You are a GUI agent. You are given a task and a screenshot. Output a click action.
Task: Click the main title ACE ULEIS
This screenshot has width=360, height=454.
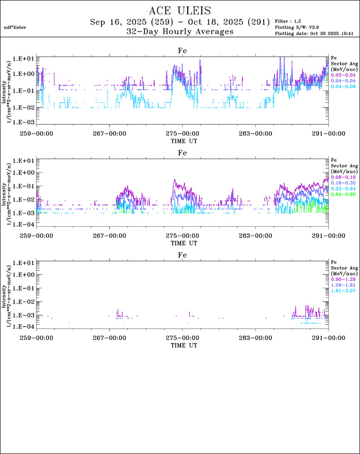coord(180,11)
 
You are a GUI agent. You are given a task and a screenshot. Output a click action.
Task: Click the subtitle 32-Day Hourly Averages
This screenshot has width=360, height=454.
coord(180,32)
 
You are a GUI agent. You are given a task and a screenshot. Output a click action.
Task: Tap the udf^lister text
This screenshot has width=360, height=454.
coord(15,27)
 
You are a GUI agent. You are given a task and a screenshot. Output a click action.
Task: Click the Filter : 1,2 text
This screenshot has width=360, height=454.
coord(291,21)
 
